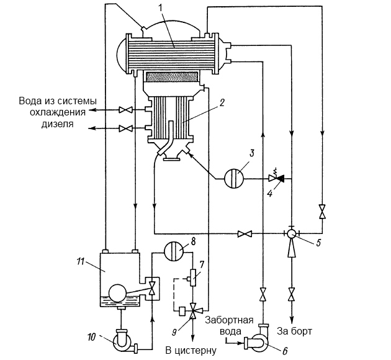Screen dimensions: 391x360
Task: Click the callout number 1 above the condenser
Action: tap(161, 7)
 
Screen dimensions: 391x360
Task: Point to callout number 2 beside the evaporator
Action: tap(222, 103)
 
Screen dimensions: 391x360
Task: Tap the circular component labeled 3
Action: tap(234, 179)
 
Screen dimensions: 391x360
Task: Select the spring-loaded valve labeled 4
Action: tap(276, 178)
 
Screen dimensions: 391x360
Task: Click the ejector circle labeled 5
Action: tap(292, 233)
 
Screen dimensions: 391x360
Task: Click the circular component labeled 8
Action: tap(173, 252)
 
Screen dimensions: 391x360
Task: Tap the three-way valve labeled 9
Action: tap(193, 310)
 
